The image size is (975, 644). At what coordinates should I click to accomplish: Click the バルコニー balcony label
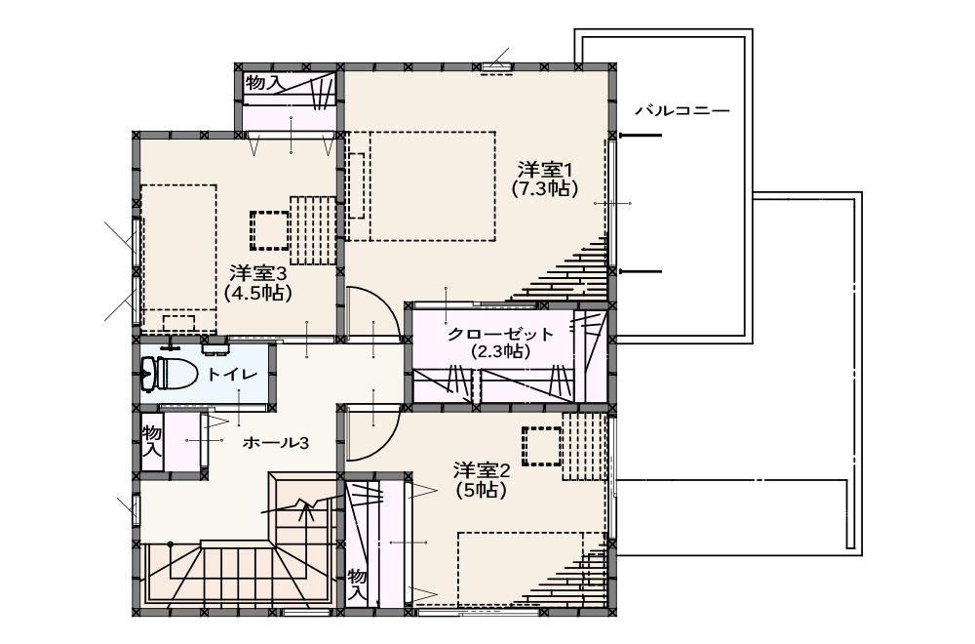682,111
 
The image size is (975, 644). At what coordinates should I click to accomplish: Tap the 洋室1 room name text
545,169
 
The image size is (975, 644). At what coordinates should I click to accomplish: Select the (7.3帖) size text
545,188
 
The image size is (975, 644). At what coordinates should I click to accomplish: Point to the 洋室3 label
258,273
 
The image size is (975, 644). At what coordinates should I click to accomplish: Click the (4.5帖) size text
258,293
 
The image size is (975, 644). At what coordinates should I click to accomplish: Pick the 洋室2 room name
482,469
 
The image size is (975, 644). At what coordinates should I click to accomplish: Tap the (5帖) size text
482,490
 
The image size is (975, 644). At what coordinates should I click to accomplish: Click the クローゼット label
500,334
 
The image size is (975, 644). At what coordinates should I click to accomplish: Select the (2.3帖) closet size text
500,351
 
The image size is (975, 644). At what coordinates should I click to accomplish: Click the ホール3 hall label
276,443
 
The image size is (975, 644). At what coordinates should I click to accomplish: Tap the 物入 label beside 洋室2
358,584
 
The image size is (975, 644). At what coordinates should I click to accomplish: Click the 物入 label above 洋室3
264,82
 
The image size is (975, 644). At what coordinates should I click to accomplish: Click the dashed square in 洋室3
270,229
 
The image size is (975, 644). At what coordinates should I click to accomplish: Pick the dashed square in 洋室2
542,446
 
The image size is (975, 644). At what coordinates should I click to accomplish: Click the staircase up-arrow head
305,509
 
